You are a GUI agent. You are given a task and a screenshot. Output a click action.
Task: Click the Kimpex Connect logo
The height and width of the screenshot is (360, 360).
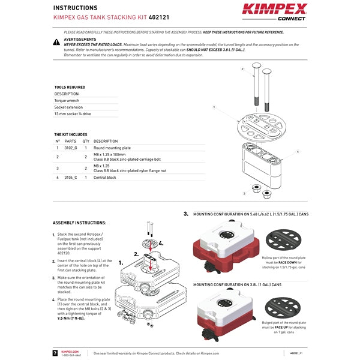point(274,11)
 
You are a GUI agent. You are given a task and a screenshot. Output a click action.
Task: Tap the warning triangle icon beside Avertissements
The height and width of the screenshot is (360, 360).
point(56,42)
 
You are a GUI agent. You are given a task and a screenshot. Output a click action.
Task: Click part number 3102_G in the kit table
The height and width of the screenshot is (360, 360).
point(71,148)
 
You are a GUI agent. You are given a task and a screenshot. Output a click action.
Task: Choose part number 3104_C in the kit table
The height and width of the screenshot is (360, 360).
point(71,178)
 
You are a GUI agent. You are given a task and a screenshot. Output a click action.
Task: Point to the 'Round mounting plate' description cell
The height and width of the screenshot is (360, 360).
point(112,148)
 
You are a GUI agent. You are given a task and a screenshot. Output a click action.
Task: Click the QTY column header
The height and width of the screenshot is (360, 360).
point(86,141)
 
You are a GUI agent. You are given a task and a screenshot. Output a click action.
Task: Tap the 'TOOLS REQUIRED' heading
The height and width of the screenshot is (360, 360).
point(70,87)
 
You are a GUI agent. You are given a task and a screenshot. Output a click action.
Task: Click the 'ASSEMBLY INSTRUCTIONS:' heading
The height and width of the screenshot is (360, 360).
point(79,223)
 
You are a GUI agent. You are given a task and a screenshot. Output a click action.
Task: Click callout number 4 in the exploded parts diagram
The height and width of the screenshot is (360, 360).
point(298,152)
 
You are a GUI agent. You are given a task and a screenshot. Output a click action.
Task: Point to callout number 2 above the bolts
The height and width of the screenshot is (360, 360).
point(242,69)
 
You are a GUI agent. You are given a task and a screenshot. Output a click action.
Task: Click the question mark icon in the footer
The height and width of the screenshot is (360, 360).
point(56,353)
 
